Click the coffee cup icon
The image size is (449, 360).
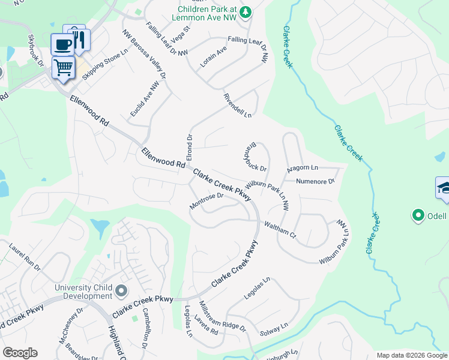[x=62, y=44]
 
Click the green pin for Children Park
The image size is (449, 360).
[x=245, y=13]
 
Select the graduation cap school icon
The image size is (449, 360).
[x=443, y=188]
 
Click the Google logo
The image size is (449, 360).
[x=20, y=352]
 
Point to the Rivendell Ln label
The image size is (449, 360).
[x=237, y=105]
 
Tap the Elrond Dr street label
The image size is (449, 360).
[x=189, y=147]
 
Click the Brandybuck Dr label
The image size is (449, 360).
[x=255, y=157]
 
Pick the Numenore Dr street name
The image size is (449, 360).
[x=315, y=181]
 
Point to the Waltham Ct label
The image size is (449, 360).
[x=280, y=229]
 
